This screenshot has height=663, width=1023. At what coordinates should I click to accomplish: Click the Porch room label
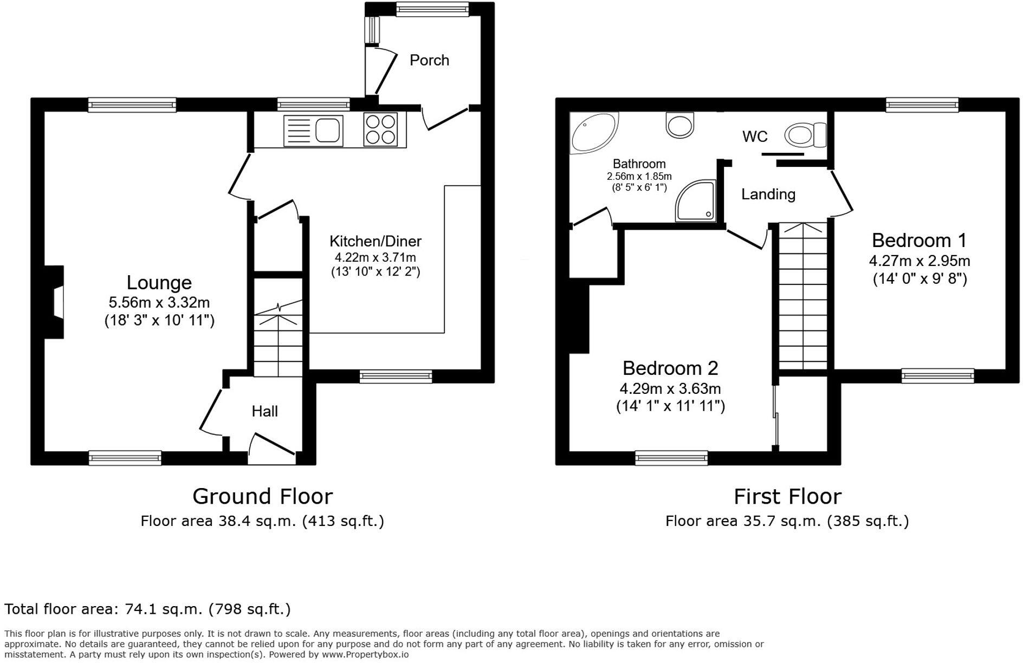coord(429,60)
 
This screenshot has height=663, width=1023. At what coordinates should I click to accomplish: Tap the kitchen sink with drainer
coord(313,131)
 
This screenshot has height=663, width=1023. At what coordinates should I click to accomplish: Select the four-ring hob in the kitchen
coord(380,129)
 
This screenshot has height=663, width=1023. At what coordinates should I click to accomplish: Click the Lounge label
coord(159,283)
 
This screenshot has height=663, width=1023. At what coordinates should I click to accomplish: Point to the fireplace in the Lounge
coord(55,302)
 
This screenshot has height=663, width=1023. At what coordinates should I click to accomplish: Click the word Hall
coord(264,411)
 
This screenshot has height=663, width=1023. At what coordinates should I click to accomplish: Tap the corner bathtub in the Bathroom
coord(592,132)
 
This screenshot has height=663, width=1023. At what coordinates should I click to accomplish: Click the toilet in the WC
coord(804,134)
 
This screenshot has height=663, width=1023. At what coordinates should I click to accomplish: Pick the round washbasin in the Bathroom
coord(679,125)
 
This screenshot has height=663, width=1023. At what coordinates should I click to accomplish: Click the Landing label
coord(768,194)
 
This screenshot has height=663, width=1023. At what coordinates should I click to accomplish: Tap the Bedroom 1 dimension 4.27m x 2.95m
coord(919,261)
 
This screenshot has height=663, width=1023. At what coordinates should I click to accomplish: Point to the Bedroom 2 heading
coord(670,368)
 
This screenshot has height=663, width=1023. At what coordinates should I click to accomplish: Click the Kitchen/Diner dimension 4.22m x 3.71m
coord(375,257)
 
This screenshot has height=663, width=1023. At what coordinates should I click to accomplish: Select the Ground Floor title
coord(262,496)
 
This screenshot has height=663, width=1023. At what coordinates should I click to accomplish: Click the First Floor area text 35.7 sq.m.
coord(787,521)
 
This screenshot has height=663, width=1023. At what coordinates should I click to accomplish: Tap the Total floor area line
coord(147,609)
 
